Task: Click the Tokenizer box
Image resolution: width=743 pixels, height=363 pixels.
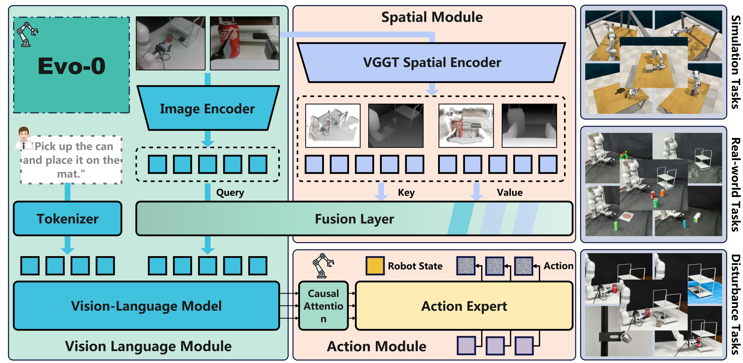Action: point(67,218)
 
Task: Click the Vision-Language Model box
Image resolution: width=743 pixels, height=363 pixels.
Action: point(146,306)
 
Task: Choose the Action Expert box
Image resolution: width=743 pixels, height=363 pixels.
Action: point(464,306)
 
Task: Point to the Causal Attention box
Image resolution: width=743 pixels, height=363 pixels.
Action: point(323,306)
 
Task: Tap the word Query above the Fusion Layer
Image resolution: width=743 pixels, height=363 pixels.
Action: point(230,192)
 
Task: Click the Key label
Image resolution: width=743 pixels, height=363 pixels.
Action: point(406,192)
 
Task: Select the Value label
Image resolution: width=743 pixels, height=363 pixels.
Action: point(509,192)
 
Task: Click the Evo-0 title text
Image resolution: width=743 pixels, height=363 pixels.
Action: point(71,66)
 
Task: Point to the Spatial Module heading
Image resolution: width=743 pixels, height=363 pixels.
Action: point(432,17)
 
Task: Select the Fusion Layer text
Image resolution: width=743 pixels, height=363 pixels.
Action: point(354,219)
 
